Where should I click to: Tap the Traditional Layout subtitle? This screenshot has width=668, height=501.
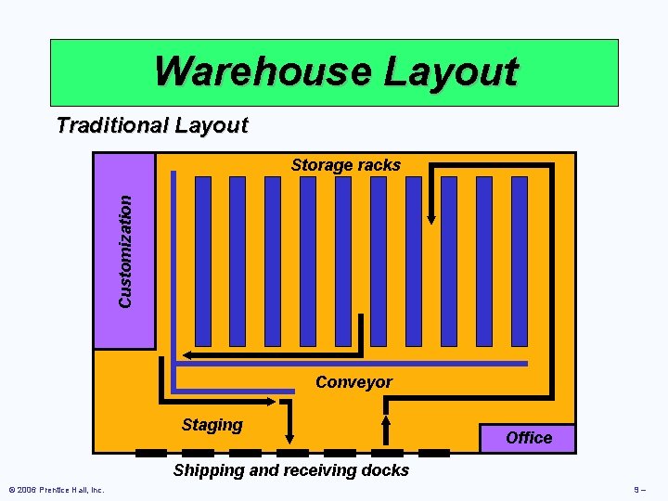coord(151,125)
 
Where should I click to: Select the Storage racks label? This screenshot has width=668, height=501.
coord(346,165)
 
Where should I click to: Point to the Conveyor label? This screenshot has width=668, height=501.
coord(353,382)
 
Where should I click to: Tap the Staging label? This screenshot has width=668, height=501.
coord(212,425)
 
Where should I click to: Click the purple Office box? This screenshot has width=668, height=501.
coord(529,437)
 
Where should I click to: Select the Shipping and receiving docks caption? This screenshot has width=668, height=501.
coord(291,470)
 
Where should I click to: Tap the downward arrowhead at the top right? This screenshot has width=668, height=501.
coord(431,218)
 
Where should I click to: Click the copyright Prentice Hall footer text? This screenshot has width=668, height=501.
coord(56,490)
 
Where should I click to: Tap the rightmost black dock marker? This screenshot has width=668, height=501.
coord(434,454)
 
